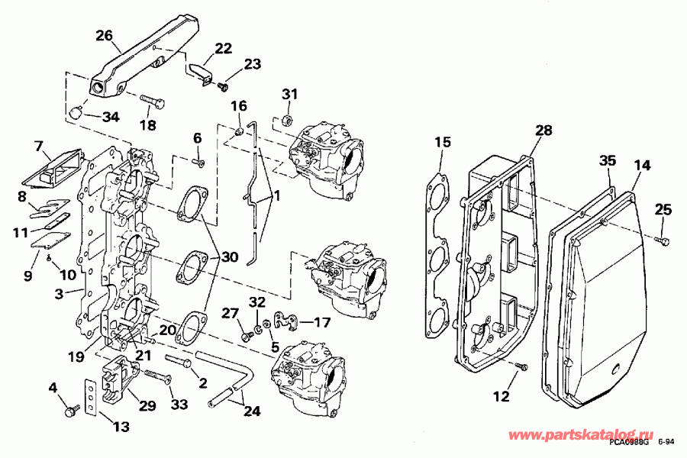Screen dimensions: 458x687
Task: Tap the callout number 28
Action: click(x=542, y=131)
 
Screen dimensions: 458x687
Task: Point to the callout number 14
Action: click(x=642, y=164)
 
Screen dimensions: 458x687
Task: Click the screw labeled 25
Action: click(x=662, y=239)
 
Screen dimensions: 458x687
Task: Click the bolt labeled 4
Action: click(x=72, y=411)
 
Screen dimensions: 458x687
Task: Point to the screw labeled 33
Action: click(x=156, y=376)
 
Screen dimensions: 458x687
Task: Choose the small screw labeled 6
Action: click(x=201, y=161)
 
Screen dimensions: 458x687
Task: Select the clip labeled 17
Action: click(x=287, y=320)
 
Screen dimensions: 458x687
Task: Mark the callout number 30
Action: click(x=231, y=257)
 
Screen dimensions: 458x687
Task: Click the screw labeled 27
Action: click(x=246, y=334)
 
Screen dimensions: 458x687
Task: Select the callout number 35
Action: click(x=607, y=161)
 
